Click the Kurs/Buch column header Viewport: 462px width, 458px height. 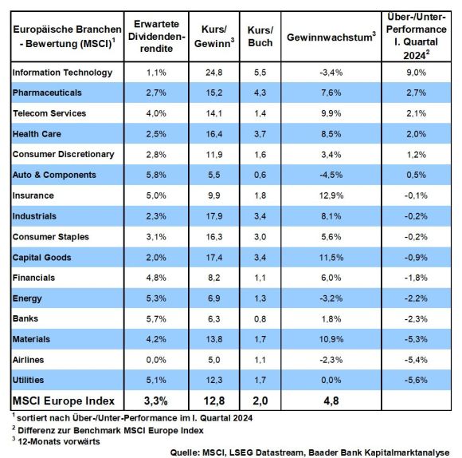pos(260,36)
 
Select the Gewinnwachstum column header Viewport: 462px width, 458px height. pos(331,37)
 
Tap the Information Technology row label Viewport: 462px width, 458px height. pos(62,73)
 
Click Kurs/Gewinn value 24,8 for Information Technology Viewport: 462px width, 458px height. pos(214,73)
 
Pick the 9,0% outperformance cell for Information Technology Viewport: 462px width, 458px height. pos(416,73)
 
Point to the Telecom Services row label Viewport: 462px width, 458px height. pos(49,113)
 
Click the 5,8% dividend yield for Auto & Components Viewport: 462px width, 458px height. pos(156,175)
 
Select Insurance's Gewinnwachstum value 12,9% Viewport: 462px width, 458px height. pos(331,195)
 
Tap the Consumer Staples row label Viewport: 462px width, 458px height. pos(51,237)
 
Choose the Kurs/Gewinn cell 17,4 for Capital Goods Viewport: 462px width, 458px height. pos(214,258)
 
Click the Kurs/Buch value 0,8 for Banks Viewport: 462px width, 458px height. pos(260,319)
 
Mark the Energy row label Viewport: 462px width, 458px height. pos(27,298)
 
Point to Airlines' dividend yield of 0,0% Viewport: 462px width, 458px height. pos(156,360)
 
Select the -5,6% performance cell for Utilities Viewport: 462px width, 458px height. pos(416,380)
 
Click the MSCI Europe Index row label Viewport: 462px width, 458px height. pos(64,401)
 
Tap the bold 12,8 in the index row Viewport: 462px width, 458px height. pos(214,401)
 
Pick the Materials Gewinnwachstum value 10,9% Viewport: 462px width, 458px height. pos(331,339)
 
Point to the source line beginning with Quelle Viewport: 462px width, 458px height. pos(310,452)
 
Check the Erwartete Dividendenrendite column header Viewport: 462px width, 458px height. pos(156,36)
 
